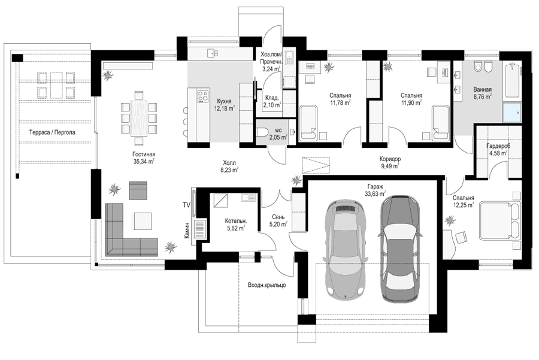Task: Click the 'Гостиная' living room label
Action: click(x=144, y=155)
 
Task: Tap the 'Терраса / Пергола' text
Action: click(x=52, y=132)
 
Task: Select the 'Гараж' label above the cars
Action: click(x=375, y=186)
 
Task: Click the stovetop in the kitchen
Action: click(x=203, y=96)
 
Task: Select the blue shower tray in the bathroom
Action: click(x=512, y=112)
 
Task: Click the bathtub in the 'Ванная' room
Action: click(x=512, y=80)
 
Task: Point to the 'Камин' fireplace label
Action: click(x=187, y=233)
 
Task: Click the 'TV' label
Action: click(x=187, y=205)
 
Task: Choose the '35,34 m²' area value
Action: click(x=144, y=161)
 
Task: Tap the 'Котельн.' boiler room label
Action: click(x=236, y=221)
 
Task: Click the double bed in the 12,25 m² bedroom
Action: click(x=498, y=220)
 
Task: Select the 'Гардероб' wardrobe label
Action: click(x=498, y=146)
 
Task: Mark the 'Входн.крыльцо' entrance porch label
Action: click(x=267, y=285)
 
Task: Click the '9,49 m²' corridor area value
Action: click(x=390, y=166)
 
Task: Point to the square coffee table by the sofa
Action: click(x=143, y=221)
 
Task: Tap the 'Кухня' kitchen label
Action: click(x=224, y=101)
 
